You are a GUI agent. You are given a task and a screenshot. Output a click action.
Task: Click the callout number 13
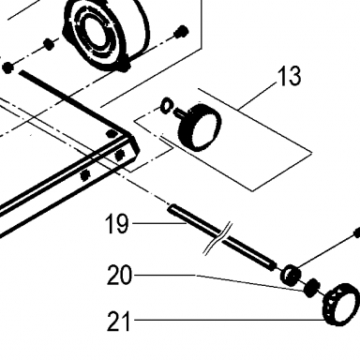click(291, 76)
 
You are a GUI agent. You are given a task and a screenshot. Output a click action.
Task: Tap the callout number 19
click(117, 223)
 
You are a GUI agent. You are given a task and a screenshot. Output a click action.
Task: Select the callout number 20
click(119, 275)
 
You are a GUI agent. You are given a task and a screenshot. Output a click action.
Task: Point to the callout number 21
click(118, 321)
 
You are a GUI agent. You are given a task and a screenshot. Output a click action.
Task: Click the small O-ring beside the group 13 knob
click(167, 105)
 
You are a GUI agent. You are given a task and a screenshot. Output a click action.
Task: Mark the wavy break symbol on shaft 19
click(217, 238)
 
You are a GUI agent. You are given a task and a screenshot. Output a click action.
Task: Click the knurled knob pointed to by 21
click(341, 304)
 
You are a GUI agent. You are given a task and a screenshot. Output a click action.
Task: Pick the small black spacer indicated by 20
click(311, 288)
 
